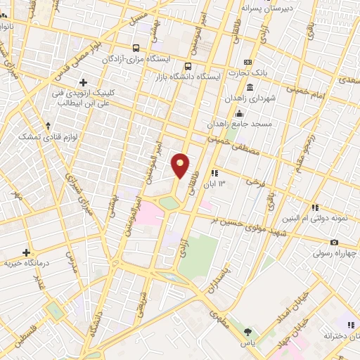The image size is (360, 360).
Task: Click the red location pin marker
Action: point(181,165)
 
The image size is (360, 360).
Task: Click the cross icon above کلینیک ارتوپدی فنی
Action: point(84,82)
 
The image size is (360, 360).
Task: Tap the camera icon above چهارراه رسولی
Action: point(314,243)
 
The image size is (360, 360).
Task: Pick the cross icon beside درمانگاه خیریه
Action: point(26,252)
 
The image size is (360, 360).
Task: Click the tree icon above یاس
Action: point(247,330)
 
